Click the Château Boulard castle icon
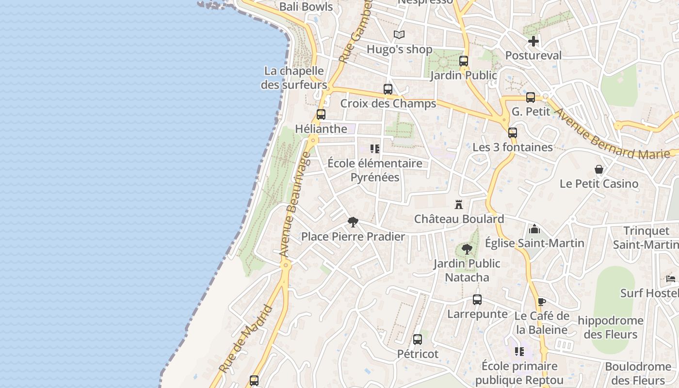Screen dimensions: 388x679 coord(459,204)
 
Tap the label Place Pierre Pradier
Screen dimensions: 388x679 coord(353,237)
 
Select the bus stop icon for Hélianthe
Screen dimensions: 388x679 coord(321,114)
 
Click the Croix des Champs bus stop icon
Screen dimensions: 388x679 coord(388,89)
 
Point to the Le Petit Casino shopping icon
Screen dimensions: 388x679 coord(599,169)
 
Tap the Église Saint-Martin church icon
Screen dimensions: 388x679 coord(534,228)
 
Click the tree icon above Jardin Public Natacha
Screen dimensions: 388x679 coord(467,249)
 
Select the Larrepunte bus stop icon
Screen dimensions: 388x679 coord(477,300)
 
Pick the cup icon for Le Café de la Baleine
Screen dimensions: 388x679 coord(541,302)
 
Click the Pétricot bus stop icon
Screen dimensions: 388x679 coord(418,339)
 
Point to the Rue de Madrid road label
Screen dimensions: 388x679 coord(246,339)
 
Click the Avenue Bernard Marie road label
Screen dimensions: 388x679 coord(614,134)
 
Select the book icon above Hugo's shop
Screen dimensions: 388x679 coord(399,35)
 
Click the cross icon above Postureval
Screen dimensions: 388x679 coord(533,41)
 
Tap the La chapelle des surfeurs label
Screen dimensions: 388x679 coord(294,78)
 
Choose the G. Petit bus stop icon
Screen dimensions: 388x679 coord(531,97)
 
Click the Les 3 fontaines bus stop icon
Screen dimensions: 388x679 coord(513,133)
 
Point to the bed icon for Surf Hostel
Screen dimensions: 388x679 coord(671,279)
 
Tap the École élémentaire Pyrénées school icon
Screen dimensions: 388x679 coord(374,149)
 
